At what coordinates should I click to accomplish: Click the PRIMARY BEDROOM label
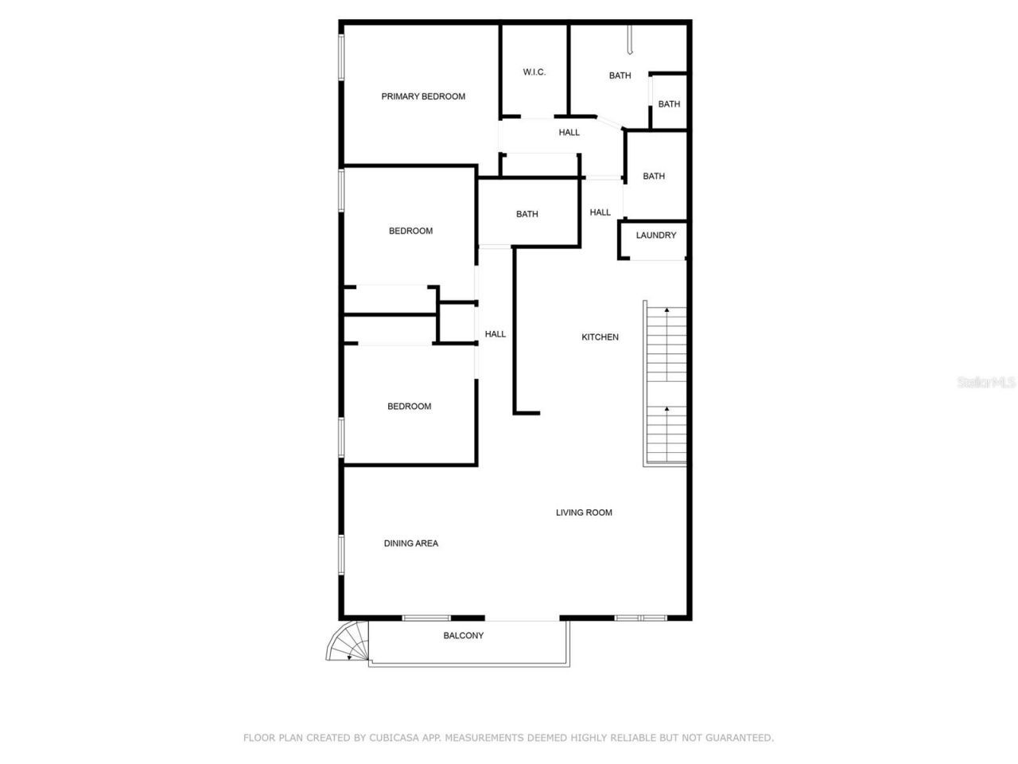click(x=423, y=96)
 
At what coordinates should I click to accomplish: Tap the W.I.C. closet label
click(x=534, y=72)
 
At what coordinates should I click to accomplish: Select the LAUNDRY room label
click(x=656, y=236)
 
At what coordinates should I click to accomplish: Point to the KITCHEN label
click(x=600, y=337)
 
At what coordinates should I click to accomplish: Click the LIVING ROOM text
click(x=584, y=513)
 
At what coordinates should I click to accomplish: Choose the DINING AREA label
click(x=411, y=544)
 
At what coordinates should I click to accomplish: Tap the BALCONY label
click(x=463, y=635)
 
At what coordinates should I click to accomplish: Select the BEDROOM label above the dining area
click(x=409, y=407)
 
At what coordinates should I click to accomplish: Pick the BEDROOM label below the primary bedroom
click(x=410, y=232)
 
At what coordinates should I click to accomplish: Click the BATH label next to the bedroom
click(x=526, y=214)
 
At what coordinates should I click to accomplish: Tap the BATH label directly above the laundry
click(x=654, y=177)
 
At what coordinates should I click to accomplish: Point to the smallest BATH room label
click(x=669, y=104)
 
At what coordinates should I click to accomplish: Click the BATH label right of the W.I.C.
click(x=620, y=76)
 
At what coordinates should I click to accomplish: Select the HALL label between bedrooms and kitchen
click(x=495, y=334)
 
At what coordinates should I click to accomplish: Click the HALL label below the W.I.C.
click(x=569, y=133)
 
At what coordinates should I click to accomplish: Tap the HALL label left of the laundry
click(x=600, y=212)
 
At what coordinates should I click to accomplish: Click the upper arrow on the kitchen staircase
click(x=666, y=310)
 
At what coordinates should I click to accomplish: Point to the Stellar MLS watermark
click(x=986, y=382)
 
